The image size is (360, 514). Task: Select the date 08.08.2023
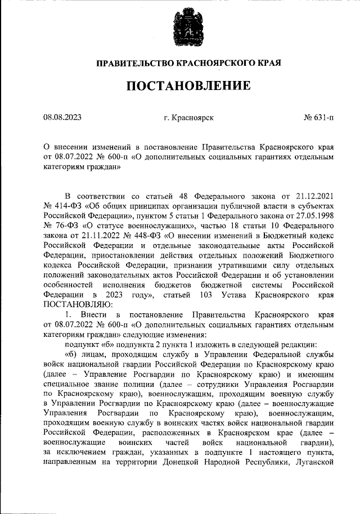[x=62, y=118]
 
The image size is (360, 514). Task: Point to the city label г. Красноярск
[x=188, y=118]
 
